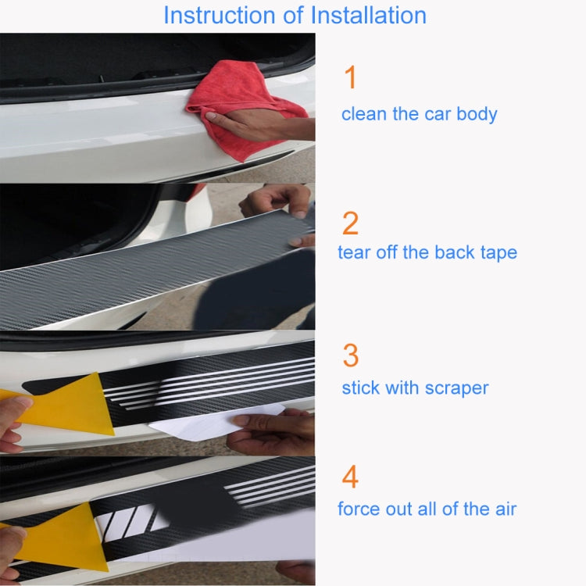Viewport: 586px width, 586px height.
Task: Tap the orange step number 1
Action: (x=350, y=78)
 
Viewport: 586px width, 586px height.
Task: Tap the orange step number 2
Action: (x=351, y=224)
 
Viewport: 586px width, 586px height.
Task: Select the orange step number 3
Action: (x=351, y=356)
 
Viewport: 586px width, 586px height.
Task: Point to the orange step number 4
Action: (x=351, y=477)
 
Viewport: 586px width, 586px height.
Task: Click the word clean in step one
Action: (x=364, y=114)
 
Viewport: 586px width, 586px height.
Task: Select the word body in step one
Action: (x=477, y=114)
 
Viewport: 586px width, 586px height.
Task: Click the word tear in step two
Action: (x=352, y=252)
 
